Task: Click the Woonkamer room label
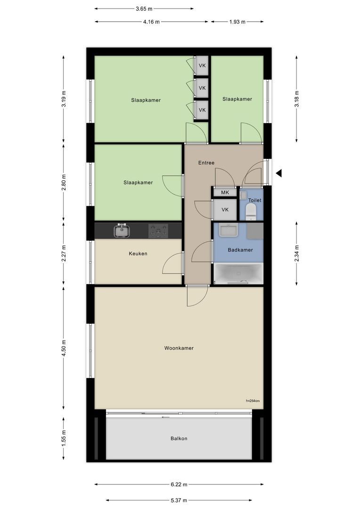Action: tap(179, 348)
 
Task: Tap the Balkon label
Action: tap(179, 438)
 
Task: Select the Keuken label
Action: tap(138, 254)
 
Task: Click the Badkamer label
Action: tap(240, 250)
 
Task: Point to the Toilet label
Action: tap(255, 200)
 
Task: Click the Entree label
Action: tap(206, 163)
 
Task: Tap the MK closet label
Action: tap(225, 192)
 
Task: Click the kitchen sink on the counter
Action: tap(122, 231)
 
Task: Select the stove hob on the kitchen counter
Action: tap(158, 231)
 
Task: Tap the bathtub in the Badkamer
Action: tap(239, 274)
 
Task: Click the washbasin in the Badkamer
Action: tap(229, 230)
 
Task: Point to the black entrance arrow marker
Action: tap(279, 173)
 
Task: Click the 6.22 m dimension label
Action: tap(179, 484)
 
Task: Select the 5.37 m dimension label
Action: tap(179, 501)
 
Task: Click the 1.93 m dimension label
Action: tap(237, 22)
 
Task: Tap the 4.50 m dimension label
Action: tap(64, 348)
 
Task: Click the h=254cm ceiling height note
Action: tap(253, 401)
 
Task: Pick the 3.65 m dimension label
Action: tap(144, 9)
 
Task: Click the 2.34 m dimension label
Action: tap(297, 254)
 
